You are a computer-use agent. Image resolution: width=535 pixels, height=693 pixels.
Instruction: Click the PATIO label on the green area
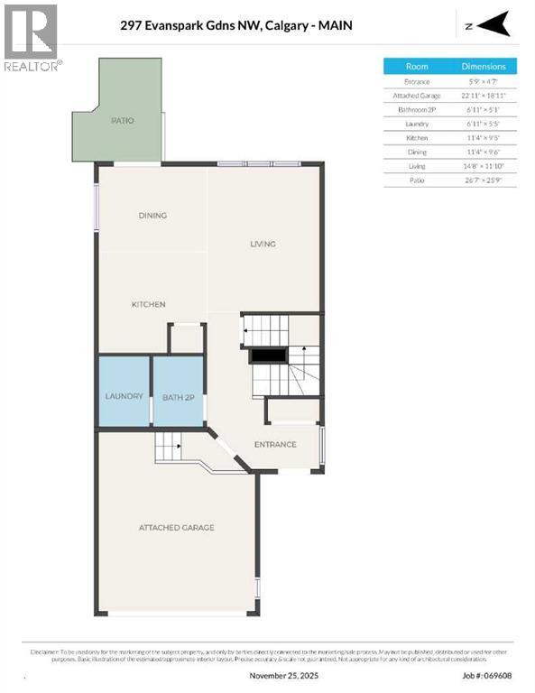click(x=123, y=120)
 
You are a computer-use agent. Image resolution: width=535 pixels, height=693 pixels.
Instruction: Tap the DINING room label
click(x=152, y=216)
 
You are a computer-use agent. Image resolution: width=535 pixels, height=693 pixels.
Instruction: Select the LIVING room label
click(x=263, y=244)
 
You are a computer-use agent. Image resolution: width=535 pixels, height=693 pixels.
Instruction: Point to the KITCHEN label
click(x=149, y=305)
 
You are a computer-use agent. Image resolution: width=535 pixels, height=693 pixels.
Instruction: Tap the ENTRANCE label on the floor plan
click(x=275, y=444)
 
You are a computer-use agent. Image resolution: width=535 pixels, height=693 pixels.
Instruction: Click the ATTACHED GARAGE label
click(x=176, y=528)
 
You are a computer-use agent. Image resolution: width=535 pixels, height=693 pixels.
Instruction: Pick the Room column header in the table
click(x=417, y=66)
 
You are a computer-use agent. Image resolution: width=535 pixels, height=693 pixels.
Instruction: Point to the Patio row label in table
click(x=417, y=180)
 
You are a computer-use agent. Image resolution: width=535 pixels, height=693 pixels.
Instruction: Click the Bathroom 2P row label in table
click(x=417, y=109)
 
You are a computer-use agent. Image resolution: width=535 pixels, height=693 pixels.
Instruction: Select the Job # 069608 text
click(x=487, y=675)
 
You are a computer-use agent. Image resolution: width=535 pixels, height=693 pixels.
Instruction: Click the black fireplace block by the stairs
click(x=268, y=356)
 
